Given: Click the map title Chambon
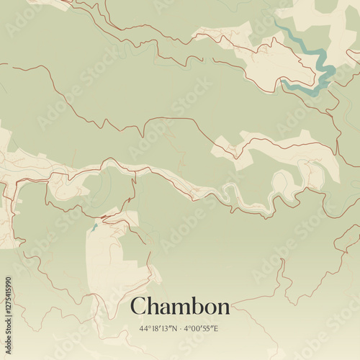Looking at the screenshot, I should [x=180, y=307].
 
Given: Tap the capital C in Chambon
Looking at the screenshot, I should [x=138, y=307].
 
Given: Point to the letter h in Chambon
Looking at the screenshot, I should [x=152, y=306].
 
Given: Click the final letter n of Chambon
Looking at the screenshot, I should [x=223, y=308].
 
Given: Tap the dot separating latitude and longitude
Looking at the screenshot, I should [x=180, y=329].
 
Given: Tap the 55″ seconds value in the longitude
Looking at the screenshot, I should [x=208, y=329].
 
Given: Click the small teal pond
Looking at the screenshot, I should [x=94, y=228].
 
